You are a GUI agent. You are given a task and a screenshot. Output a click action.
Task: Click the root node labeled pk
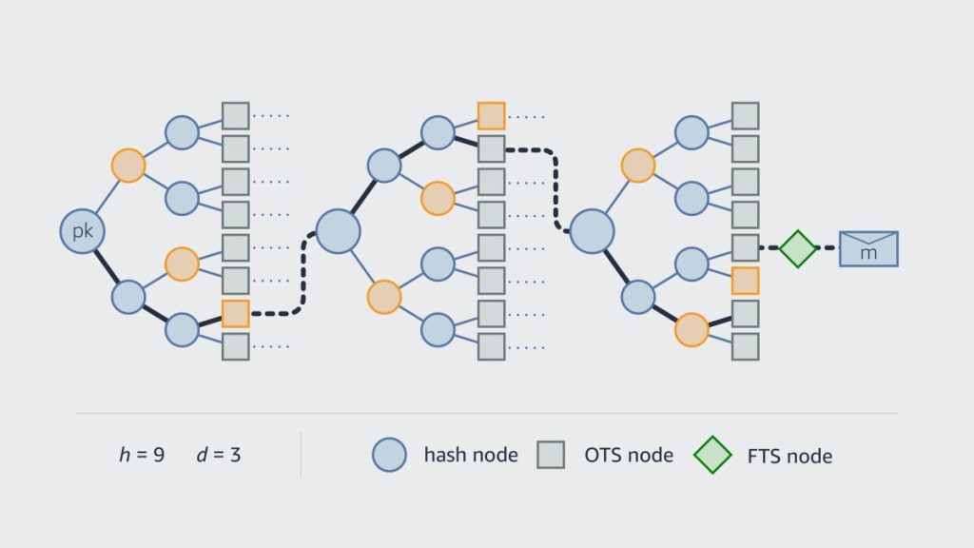pyautogui.click(x=82, y=231)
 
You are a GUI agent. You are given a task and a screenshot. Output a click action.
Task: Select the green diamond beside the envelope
pyautogui.click(x=798, y=248)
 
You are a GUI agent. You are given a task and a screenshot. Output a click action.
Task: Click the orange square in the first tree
pyautogui.click(x=235, y=314)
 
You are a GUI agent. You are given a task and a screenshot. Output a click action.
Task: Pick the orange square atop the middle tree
pyautogui.click(x=491, y=116)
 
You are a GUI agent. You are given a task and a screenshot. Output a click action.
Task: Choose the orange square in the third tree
pyautogui.click(x=746, y=281)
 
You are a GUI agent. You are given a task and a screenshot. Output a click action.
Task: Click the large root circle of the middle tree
pyautogui.click(x=338, y=231)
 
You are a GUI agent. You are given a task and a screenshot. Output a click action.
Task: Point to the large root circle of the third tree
pyautogui.click(x=592, y=231)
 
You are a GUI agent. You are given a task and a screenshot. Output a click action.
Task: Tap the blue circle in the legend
pyautogui.click(x=389, y=455)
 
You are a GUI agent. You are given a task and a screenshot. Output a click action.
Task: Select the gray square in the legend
pyautogui.click(x=552, y=455)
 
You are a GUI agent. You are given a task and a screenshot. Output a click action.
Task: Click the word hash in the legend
pyautogui.click(x=444, y=455)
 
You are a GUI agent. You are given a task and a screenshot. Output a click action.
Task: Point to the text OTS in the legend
pyautogui.click(x=603, y=455)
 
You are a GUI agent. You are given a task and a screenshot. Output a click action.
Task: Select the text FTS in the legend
pyautogui.click(x=761, y=456)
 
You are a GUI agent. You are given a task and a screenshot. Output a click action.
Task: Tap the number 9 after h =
pyautogui.click(x=158, y=455)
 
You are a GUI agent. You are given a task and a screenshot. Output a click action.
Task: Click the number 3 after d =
pyautogui.click(x=235, y=455)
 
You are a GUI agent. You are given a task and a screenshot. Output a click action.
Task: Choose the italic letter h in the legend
pyautogui.click(x=125, y=455)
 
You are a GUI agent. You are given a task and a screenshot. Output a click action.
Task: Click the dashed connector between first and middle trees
pyautogui.click(x=302, y=276)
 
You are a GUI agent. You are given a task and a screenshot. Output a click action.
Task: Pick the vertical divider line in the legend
pyautogui.click(x=302, y=455)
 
